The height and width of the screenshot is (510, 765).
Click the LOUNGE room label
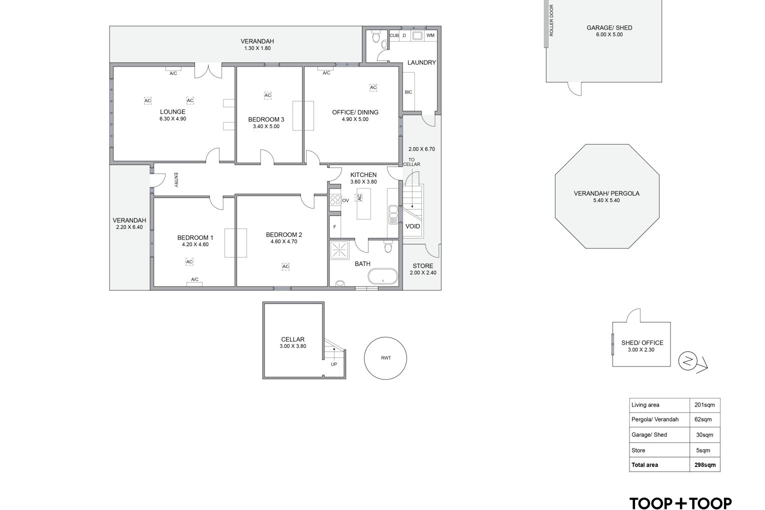[172, 111]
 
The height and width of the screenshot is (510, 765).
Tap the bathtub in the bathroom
[383, 276]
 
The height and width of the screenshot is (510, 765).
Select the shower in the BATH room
[339, 250]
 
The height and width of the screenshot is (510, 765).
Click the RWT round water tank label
[386, 358]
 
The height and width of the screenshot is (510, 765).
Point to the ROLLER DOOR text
[551, 20]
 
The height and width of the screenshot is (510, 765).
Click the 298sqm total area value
[705, 464]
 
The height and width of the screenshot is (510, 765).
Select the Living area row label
[645, 405]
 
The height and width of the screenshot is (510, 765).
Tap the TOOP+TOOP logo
[680, 503]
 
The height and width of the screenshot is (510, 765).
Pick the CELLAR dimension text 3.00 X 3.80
[292, 346]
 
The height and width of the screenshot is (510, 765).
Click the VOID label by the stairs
[412, 226]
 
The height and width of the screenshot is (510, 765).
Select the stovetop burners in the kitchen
[335, 199]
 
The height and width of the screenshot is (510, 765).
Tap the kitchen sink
[393, 214]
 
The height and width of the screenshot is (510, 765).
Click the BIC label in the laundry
[408, 92]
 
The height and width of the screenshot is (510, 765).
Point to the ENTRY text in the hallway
[176, 180]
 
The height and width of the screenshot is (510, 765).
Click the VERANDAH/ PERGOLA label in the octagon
[606, 193]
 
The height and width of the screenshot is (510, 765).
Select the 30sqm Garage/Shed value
[704, 435]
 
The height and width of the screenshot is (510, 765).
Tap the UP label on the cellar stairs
[334, 364]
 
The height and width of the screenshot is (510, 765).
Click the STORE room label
[423, 266]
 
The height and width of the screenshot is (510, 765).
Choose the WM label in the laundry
[430, 35]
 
